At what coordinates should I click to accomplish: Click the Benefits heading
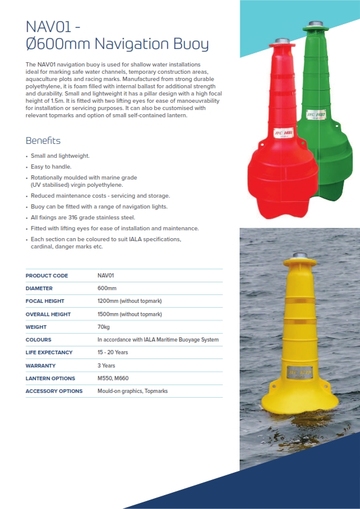click(43, 141)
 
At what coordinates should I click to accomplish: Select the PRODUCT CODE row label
click(47, 276)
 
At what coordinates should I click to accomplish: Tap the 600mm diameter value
click(107, 288)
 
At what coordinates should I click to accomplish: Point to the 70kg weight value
click(103, 327)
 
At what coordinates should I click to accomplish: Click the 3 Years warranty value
click(106, 366)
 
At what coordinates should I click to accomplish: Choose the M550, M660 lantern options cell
click(113, 378)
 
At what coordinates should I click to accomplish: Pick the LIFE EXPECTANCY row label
click(49, 352)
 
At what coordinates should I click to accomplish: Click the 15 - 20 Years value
click(113, 352)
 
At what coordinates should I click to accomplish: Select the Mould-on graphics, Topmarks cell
click(133, 391)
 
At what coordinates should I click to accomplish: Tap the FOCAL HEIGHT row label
click(45, 301)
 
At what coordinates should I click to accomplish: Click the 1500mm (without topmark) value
click(129, 314)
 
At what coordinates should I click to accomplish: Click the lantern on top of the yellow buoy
click(299, 256)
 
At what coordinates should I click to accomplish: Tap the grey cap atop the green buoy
click(315, 24)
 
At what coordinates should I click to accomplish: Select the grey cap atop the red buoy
click(281, 41)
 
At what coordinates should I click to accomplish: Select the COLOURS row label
click(38, 340)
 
